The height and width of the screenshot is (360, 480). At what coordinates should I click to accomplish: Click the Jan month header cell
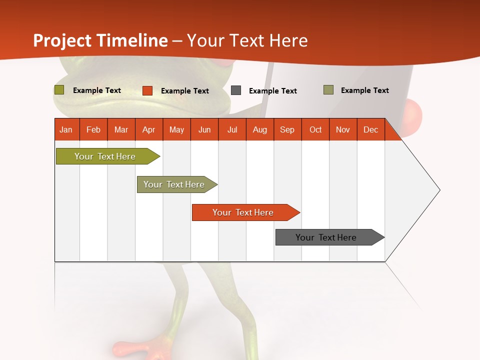tap(66, 129)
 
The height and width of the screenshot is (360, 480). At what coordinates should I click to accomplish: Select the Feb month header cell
tap(93, 129)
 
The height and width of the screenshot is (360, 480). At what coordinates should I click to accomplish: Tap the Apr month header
tap(149, 129)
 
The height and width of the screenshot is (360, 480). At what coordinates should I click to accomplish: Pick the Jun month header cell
tap(204, 129)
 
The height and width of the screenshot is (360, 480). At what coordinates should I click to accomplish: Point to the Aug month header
tap(260, 129)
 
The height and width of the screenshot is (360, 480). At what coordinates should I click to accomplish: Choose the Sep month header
tap(287, 129)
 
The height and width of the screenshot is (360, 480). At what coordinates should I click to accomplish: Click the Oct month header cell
tap(315, 129)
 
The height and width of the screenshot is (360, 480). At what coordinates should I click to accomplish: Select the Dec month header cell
tap(371, 129)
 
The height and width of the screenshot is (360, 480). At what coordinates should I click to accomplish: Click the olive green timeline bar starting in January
tap(105, 156)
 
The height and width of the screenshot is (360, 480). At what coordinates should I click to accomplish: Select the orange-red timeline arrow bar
tap(243, 212)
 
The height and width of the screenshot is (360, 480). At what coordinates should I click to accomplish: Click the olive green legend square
tap(59, 90)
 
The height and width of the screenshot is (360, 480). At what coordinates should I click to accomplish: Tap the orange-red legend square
tap(147, 90)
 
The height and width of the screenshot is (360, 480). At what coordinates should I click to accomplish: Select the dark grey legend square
tap(236, 90)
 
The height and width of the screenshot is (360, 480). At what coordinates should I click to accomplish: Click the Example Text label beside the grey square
tap(273, 91)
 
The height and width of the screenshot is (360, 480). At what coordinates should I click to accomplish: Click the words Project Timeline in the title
tap(100, 40)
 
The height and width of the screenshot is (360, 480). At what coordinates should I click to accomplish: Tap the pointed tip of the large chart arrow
tap(439, 190)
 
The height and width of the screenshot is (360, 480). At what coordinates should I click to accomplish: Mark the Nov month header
tap(343, 129)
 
